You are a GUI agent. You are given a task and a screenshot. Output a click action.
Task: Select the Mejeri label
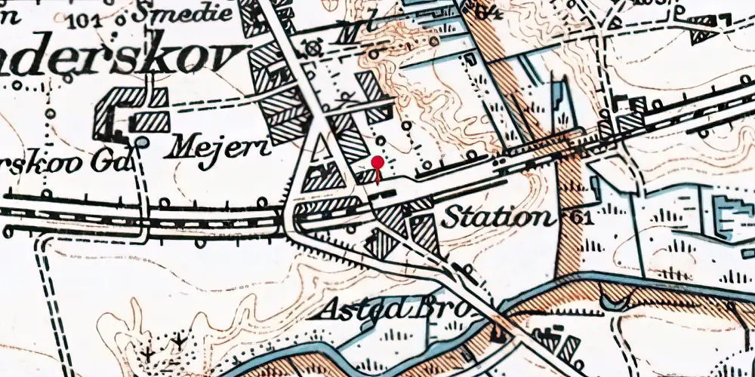[217, 147]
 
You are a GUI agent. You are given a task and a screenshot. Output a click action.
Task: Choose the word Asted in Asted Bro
[357, 309]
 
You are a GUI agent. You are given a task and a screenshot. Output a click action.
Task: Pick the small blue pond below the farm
[141, 142]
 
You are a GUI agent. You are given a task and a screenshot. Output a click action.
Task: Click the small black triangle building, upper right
[701, 34]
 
